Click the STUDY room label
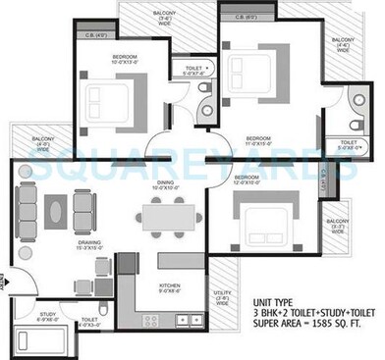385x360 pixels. click(47, 316)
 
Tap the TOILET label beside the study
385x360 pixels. click(87, 320)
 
